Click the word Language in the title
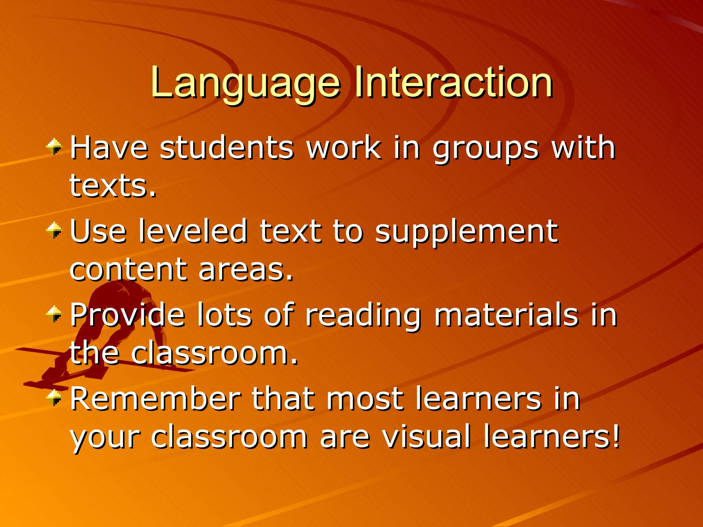(x=245, y=82)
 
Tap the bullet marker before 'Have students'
(x=54, y=147)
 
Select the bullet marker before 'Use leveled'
(x=54, y=230)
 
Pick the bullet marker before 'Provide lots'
(x=54, y=314)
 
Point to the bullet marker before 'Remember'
(x=54, y=398)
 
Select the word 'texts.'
(x=113, y=187)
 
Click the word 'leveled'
(x=193, y=231)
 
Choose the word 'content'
(x=128, y=270)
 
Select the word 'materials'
(x=506, y=315)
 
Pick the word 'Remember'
(x=155, y=399)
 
